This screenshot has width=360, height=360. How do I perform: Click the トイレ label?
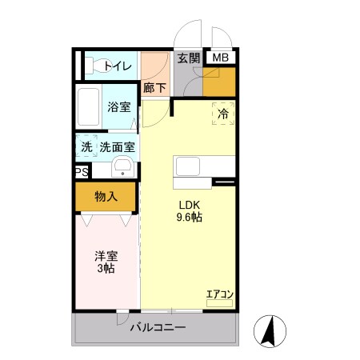pyautogui.click(x=117, y=66)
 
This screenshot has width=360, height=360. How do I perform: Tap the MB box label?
pyautogui.click(x=219, y=58)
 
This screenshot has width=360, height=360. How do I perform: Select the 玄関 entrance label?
pyautogui.click(x=189, y=58)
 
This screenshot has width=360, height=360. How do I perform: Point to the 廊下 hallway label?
pyautogui.click(x=154, y=88)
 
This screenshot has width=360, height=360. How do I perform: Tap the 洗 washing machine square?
pyautogui.click(x=86, y=148)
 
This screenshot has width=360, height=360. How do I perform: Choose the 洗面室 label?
pyautogui.click(x=118, y=148)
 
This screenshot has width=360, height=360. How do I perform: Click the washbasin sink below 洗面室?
pyautogui.click(x=122, y=167)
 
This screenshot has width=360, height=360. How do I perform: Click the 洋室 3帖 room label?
pyautogui.click(x=106, y=262)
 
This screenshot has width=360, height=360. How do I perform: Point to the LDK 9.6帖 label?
pyautogui.click(x=189, y=210)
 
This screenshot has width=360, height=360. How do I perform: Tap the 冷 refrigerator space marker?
pyautogui.click(x=223, y=114)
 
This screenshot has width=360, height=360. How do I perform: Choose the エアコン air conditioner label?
pyautogui.click(x=219, y=294)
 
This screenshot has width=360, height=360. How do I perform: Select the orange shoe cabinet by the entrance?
pyautogui.click(x=220, y=82)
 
